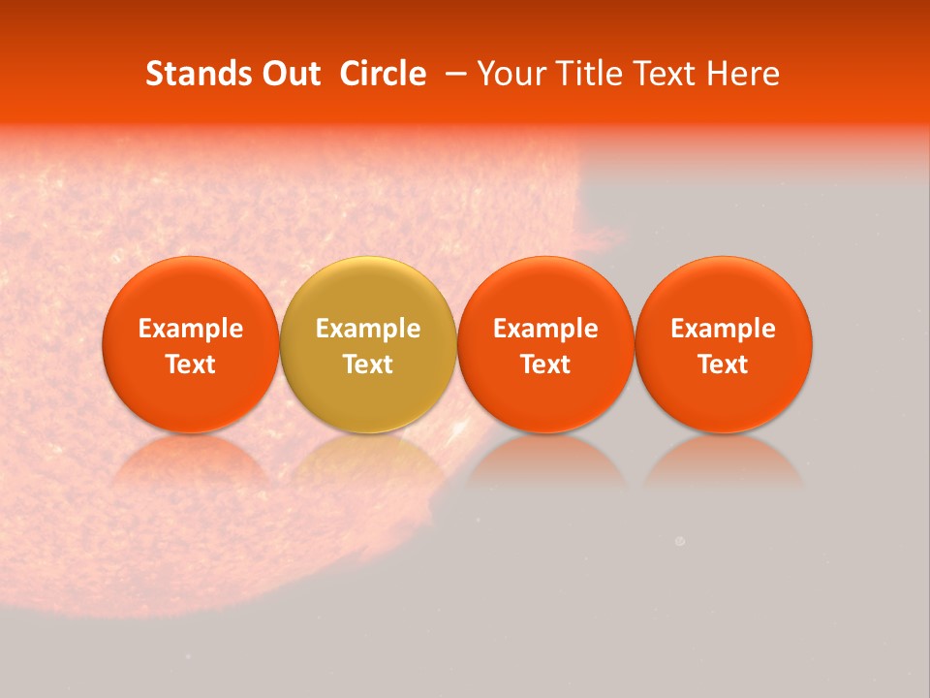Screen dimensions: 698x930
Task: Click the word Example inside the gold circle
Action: tap(368, 329)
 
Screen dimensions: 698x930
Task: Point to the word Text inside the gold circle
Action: tap(368, 365)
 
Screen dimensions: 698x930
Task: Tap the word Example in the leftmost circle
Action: tap(191, 329)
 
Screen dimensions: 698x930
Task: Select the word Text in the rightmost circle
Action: tap(724, 365)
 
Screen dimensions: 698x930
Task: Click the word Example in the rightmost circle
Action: tap(724, 329)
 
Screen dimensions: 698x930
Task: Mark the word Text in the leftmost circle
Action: tap(191, 365)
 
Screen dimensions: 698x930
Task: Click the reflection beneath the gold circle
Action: tap(368, 460)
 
